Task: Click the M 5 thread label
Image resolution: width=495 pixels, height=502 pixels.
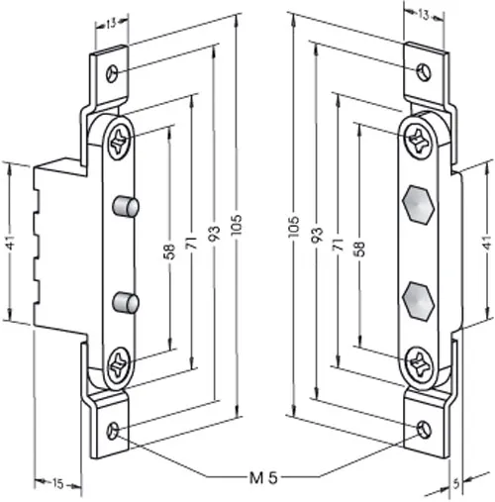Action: [x=263, y=477]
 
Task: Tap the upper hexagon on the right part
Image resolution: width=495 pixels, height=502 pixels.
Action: [x=418, y=205]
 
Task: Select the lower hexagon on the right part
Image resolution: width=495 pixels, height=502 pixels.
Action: [x=418, y=301]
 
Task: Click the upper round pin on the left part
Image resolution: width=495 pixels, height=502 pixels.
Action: [x=125, y=206]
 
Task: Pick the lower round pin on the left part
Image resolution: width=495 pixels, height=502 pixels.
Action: [x=125, y=303]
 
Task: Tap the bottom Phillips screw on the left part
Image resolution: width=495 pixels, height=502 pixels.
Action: [x=119, y=365]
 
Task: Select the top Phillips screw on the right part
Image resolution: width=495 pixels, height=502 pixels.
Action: [x=419, y=140]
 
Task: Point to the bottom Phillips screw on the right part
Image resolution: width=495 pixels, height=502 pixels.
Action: [x=419, y=363]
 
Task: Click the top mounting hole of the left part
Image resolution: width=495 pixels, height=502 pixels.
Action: [x=112, y=73]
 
